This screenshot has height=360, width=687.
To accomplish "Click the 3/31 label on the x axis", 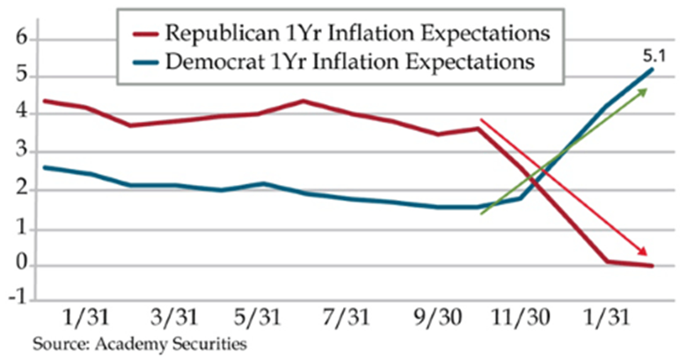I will point(175,318).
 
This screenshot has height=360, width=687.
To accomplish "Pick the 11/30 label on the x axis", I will point(522,318).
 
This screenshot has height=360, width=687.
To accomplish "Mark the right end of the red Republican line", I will point(652,266).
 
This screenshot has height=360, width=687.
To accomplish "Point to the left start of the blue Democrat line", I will point(45,166).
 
